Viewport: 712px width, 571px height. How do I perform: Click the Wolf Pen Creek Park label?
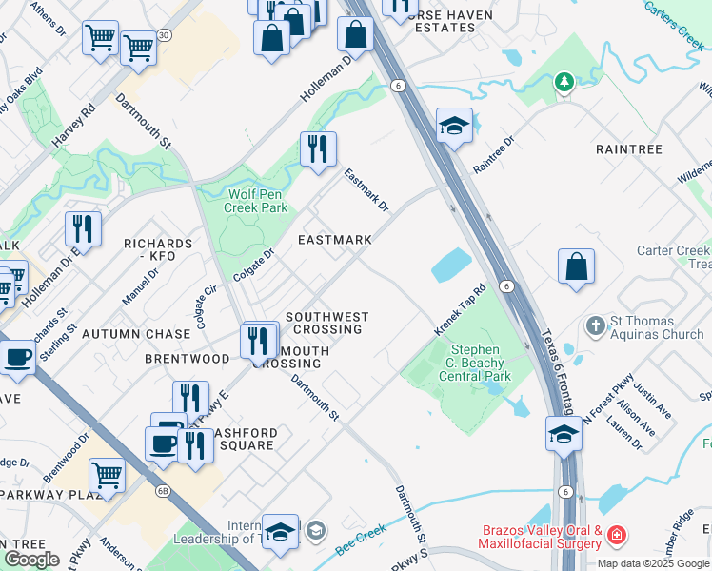pyautogui.click(x=257, y=200)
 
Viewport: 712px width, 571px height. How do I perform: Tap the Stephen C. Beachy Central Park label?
pyautogui.click(x=481, y=363)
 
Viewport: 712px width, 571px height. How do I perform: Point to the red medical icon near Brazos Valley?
pyautogui.click(x=619, y=536)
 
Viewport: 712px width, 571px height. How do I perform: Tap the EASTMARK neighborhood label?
pyautogui.click(x=334, y=240)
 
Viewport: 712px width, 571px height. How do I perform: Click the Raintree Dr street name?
pyautogui.click(x=494, y=153)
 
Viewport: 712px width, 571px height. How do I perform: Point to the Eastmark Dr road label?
pyautogui.click(x=367, y=190)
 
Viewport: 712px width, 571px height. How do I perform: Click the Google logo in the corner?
pyautogui.click(x=30, y=560)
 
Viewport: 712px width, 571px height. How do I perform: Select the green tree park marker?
pyautogui.click(x=565, y=83)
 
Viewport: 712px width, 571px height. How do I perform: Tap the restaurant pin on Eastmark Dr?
pyautogui.click(x=318, y=148)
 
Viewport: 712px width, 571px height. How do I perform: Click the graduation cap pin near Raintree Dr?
pyautogui.click(x=455, y=126)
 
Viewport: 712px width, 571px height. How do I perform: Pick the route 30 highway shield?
pyautogui.click(x=165, y=35)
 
